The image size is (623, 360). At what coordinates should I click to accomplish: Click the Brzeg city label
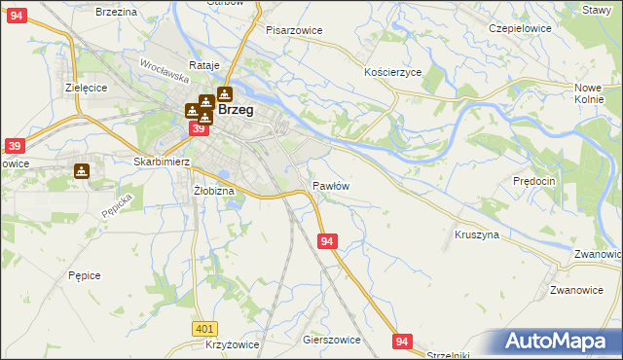coord(237,110)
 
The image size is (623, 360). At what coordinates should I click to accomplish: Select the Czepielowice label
coord(520,28)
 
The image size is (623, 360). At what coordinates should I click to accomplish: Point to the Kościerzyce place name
coord(392,73)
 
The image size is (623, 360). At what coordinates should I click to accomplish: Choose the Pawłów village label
coord(331,185)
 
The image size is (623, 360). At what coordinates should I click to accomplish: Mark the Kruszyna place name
coord(477,234)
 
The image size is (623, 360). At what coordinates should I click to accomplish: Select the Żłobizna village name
coord(214,191)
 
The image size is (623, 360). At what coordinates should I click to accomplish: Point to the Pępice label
coord(85,275)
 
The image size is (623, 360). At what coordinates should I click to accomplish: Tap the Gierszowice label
coord(332,340)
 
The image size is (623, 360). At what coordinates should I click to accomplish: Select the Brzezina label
coord(116,11)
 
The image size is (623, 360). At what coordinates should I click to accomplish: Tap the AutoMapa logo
coord(558,342)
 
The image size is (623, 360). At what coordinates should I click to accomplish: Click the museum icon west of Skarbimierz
coord(82,171)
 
